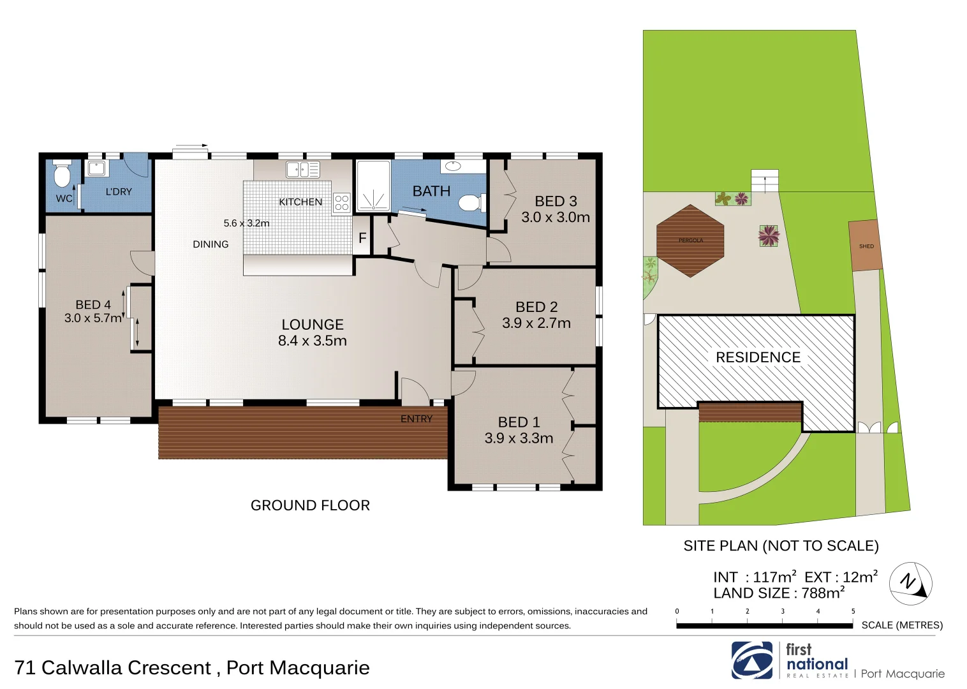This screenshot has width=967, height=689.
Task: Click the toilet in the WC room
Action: click(61, 174)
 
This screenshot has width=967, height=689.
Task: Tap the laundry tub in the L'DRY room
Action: click(96, 168)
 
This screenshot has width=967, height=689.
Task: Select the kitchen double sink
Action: click(302, 170)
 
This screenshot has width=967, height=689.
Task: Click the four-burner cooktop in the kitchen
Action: click(342, 202)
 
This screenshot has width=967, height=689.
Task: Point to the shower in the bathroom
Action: click(373, 186)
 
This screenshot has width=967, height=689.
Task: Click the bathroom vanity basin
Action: click(452, 167)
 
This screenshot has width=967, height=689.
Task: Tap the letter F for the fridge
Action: click(362, 239)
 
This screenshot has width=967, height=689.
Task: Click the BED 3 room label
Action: click(556, 202)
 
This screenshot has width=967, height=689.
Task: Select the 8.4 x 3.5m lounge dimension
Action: click(312, 341)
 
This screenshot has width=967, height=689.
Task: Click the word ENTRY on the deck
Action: click(416, 419)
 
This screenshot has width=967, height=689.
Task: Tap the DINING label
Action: click(210, 244)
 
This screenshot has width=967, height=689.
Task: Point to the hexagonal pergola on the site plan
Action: click(690, 241)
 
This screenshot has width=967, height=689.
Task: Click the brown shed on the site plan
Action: click(866, 246)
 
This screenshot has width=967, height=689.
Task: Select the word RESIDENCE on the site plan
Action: click(758, 357)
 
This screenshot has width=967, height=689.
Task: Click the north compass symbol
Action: click(910, 583)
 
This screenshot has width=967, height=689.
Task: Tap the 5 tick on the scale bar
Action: click(853, 612)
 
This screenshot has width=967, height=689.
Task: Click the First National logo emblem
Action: click(751, 660)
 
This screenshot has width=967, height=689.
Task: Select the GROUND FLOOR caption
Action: click(310, 505)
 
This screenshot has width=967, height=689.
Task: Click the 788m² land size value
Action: click(823, 593)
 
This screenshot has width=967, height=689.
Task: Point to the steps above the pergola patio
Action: click(765, 181)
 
